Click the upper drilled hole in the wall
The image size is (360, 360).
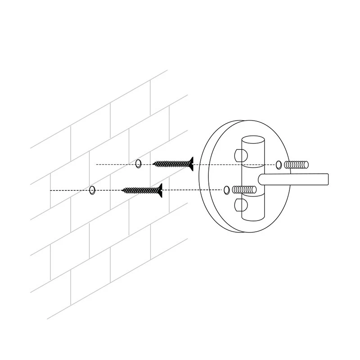pyautogui.click(x=138, y=163)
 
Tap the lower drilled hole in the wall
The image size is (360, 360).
pyautogui.click(x=92, y=190)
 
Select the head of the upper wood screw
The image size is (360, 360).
pyautogui.click(x=191, y=163)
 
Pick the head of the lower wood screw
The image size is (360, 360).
pyautogui.click(x=159, y=190)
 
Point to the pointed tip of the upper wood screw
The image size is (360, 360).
pyautogui.click(x=153, y=164)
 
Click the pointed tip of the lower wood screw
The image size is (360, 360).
pyautogui.click(x=122, y=191)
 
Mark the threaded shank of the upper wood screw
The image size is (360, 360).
pyautogui.click(x=171, y=163)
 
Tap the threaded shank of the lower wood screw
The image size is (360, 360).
pyautogui.click(x=139, y=190)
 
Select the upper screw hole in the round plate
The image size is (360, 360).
pyautogui.click(x=279, y=165)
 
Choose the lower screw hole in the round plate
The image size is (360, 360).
pyautogui.click(x=227, y=190)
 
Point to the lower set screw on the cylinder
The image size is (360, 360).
pyautogui.click(x=239, y=206)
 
